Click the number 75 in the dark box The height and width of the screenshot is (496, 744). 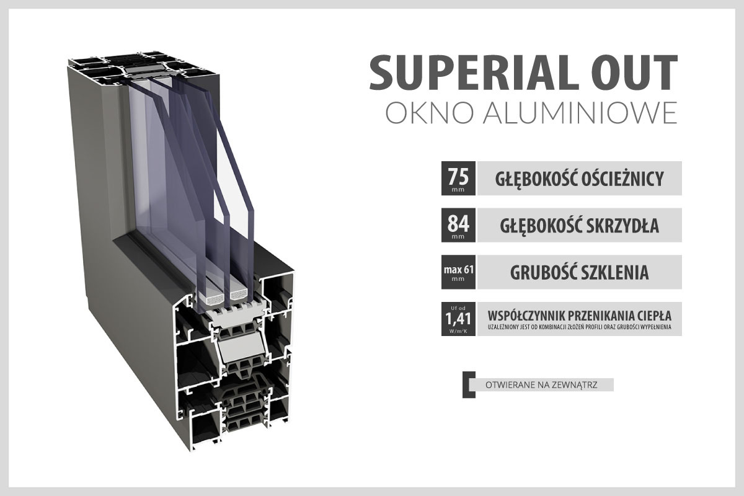pos(458,177)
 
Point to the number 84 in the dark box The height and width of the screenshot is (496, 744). pos(458,224)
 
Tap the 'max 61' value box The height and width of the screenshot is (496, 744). pos(458,272)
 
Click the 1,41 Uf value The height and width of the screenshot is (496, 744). pos(458,319)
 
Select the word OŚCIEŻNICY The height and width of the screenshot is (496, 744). pos(622,179)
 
